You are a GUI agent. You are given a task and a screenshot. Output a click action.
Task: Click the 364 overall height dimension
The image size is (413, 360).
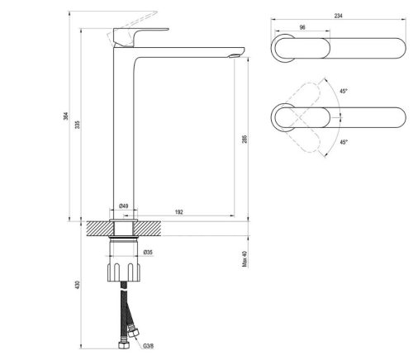tap(65, 116)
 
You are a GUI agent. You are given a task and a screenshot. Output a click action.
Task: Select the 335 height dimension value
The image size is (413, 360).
tap(78, 125)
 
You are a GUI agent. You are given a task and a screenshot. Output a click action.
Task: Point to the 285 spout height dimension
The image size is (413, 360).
tap(244, 139)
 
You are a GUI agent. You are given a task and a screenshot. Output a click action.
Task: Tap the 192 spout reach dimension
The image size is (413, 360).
tap(178, 212)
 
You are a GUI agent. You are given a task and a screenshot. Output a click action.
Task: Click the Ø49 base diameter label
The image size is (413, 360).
tap(124, 206)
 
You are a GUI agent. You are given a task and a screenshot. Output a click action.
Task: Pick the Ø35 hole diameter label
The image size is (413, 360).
tap(148, 252)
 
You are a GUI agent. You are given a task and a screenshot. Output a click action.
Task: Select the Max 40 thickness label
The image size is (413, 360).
tap(244, 258)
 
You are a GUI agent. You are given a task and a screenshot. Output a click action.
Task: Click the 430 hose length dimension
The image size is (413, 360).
tap(78, 284)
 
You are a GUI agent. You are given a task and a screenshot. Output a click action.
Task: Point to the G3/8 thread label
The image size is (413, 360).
tap(148, 346)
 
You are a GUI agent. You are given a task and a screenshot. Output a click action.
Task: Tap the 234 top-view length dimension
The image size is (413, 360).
tap(339, 16)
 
